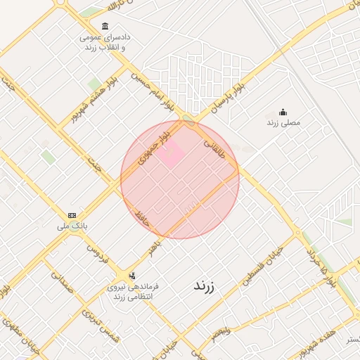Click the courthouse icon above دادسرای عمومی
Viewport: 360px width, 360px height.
[105, 27]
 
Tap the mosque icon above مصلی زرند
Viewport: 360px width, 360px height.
[283, 112]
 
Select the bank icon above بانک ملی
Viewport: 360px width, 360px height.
[72, 215]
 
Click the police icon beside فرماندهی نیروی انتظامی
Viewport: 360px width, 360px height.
[132, 276]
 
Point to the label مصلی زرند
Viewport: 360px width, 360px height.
[283, 122]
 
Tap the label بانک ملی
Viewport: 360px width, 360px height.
[72, 226]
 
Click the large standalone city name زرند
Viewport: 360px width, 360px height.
[205, 286]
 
